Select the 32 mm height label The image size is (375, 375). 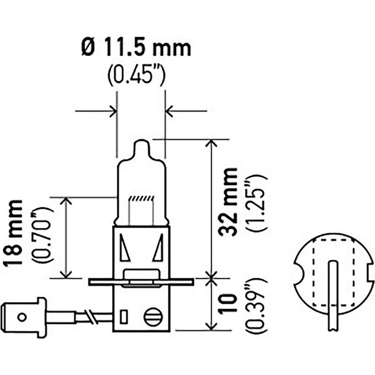[x=229, y=201]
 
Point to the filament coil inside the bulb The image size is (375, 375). [x=141, y=198]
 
